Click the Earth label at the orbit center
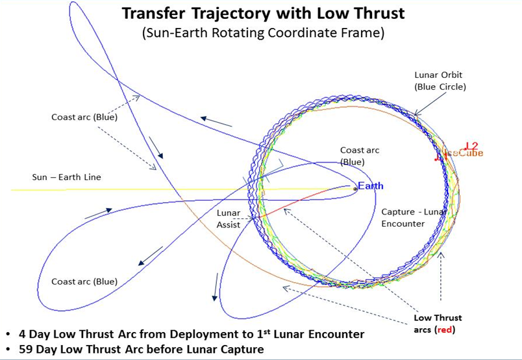[x=371, y=186]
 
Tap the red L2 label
[x=471, y=146]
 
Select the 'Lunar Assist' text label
[x=229, y=219]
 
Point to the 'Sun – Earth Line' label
[x=67, y=177]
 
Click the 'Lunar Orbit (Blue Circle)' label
[x=440, y=81]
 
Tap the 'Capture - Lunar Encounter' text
[x=413, y=218]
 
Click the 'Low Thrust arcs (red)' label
[x=438, y=324]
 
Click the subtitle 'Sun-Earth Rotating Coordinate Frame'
[x=263, y=33]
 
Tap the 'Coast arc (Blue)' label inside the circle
[x=360, y=156]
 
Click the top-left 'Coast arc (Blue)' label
[x=84, y=117]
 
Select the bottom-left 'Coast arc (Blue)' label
[x=84, y=281]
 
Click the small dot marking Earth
[x=355, y=188]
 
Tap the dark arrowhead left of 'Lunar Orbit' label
[x=416, y=114]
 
